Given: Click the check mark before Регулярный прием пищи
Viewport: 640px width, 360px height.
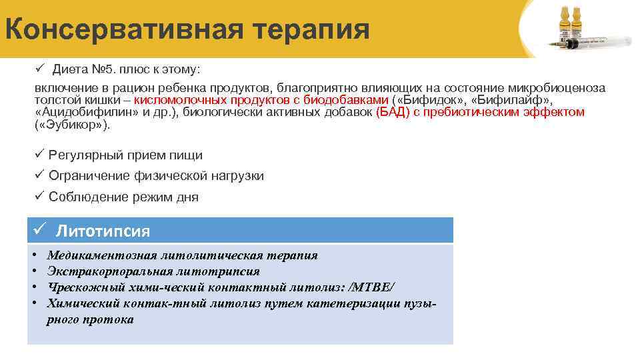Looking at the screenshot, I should click(x=39, y=155).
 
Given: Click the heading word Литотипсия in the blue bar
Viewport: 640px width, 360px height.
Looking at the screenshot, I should click(x=103, y=231).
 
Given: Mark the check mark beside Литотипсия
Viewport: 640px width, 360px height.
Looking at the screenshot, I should click(x=39, y=231).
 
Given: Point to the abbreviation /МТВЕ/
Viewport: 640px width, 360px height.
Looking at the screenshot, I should click(x=371, y=287).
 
